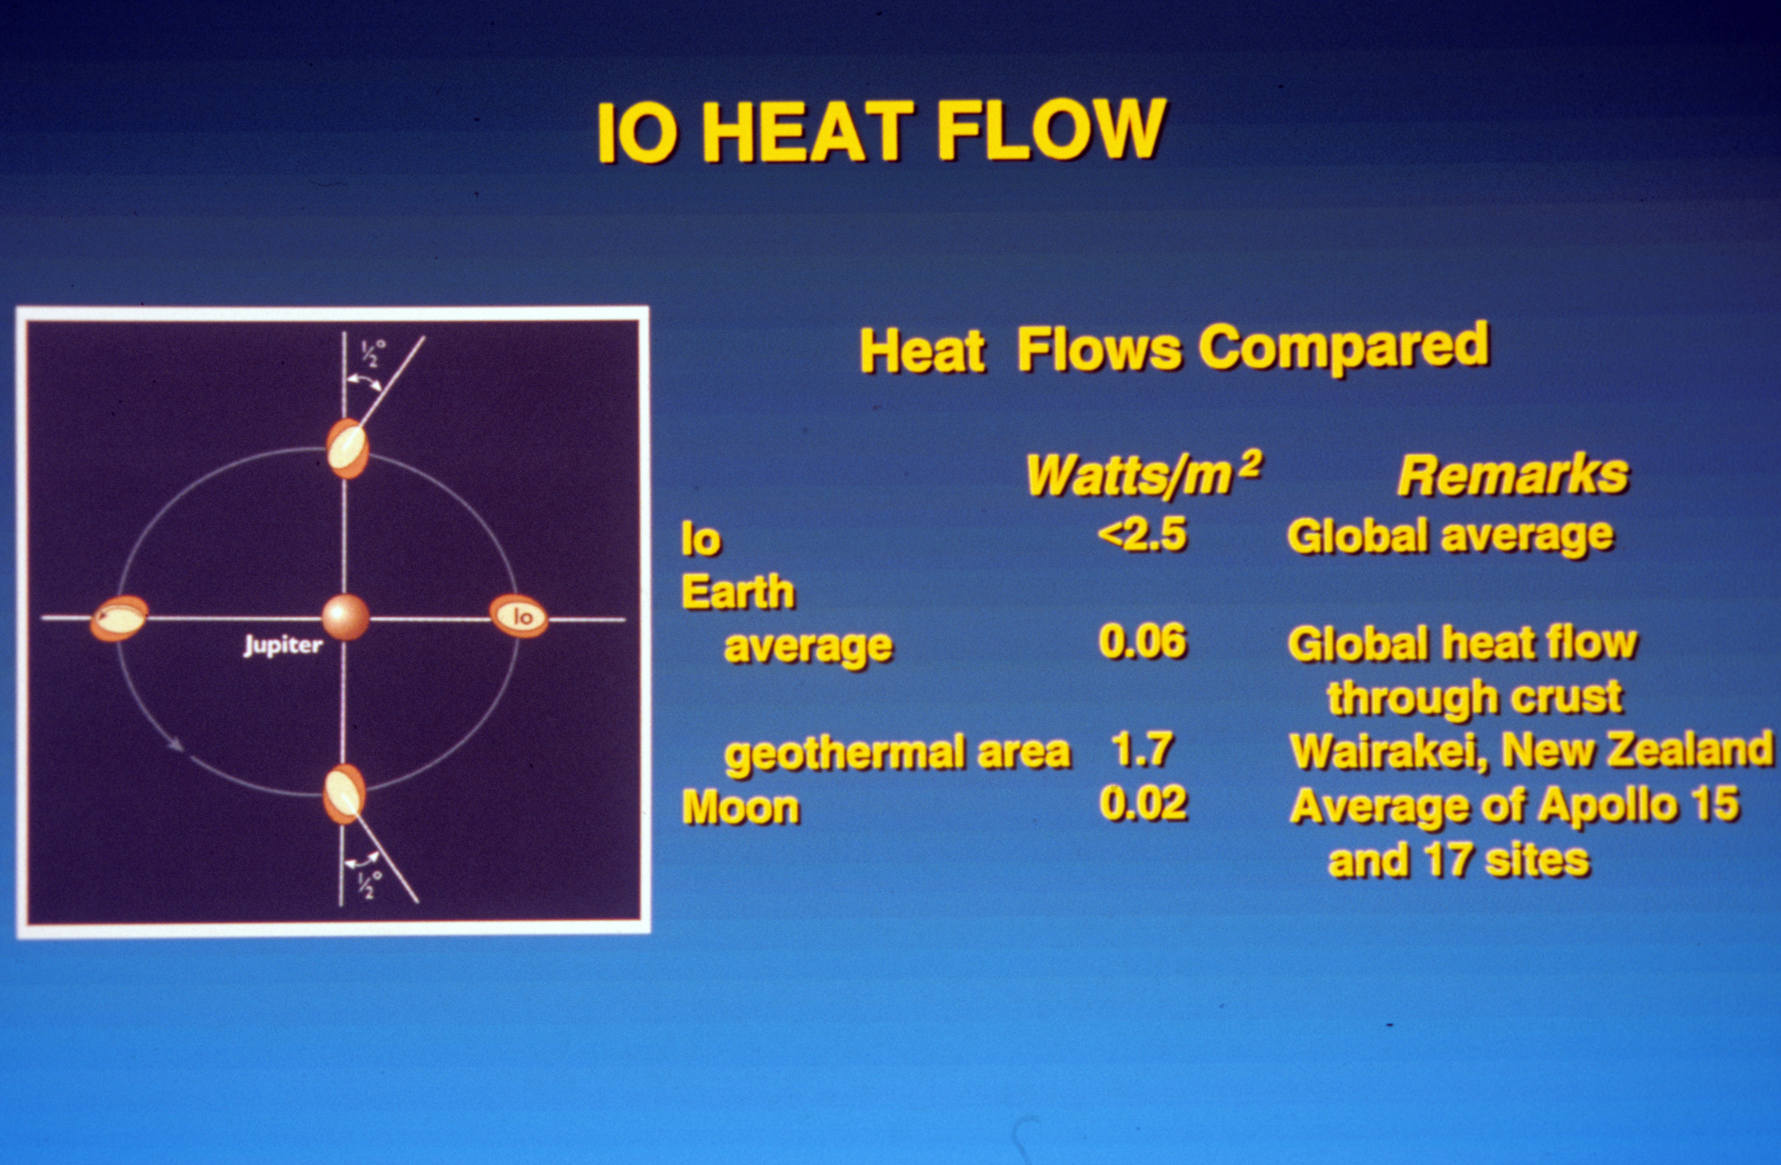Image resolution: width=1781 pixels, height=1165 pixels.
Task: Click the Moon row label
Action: coord(740,808)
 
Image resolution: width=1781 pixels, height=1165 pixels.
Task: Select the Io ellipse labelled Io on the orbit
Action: coord(519,616)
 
